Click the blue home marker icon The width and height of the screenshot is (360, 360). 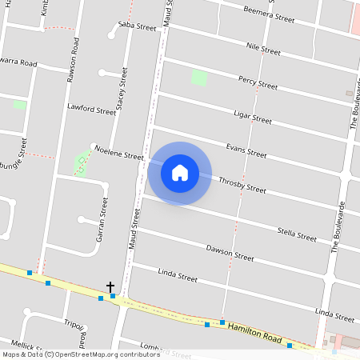(180, 172)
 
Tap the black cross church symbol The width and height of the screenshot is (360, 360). (110, 287)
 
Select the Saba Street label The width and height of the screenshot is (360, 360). (137, 26)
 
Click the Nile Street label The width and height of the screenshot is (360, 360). (263, 48)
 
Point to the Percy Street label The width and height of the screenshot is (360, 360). (258, 82)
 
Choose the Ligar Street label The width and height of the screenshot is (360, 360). (252, 117)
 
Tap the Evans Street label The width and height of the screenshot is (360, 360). (246, 150)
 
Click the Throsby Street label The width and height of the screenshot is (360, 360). (242, 186)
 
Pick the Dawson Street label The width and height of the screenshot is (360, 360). (230, 254)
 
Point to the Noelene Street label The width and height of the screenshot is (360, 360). (118, 153)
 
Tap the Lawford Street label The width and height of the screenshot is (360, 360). (92, 107)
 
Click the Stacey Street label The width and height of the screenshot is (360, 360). (122, 86)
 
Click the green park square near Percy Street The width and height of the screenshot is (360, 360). (199, 78)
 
